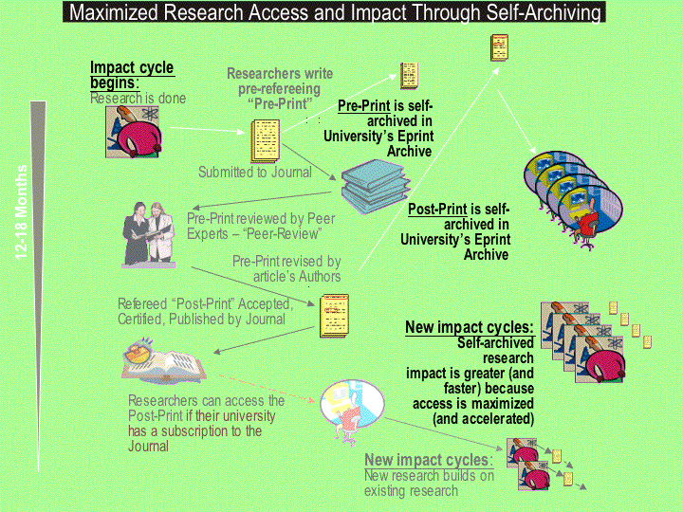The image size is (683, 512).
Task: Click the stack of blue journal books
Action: [x=376, y=187]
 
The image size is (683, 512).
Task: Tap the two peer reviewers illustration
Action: [x=149, y=234]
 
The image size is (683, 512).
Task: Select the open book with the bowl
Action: [x=164, y=361]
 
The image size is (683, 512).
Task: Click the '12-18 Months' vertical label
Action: [x=21, y=212]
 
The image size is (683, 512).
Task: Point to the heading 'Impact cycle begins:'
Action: [x=132, y=75]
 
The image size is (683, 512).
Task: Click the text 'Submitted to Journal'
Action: [x=255, y=173]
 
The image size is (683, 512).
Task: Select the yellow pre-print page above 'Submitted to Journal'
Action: [x=266, y=140]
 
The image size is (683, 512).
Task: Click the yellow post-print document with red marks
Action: [x=335, y=316]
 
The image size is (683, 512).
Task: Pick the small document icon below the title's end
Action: [x=499, y=47]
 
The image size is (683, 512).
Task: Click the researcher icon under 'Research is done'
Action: [x=133, y=132]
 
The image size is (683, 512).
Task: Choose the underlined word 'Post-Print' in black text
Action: [x=437, y=210]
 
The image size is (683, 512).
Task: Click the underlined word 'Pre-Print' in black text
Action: [x=364, y=106]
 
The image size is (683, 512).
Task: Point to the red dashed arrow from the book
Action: [x=267, y=388]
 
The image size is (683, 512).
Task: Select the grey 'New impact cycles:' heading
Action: [x=429, y=460]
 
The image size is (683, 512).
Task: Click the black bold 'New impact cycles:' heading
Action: [x=470, y=327]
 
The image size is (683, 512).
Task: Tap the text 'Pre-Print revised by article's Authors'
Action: [x=286, y=268]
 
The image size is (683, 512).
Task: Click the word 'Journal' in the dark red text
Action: [x=148, y=447]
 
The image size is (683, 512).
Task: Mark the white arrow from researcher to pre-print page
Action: [x=208, y=130]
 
